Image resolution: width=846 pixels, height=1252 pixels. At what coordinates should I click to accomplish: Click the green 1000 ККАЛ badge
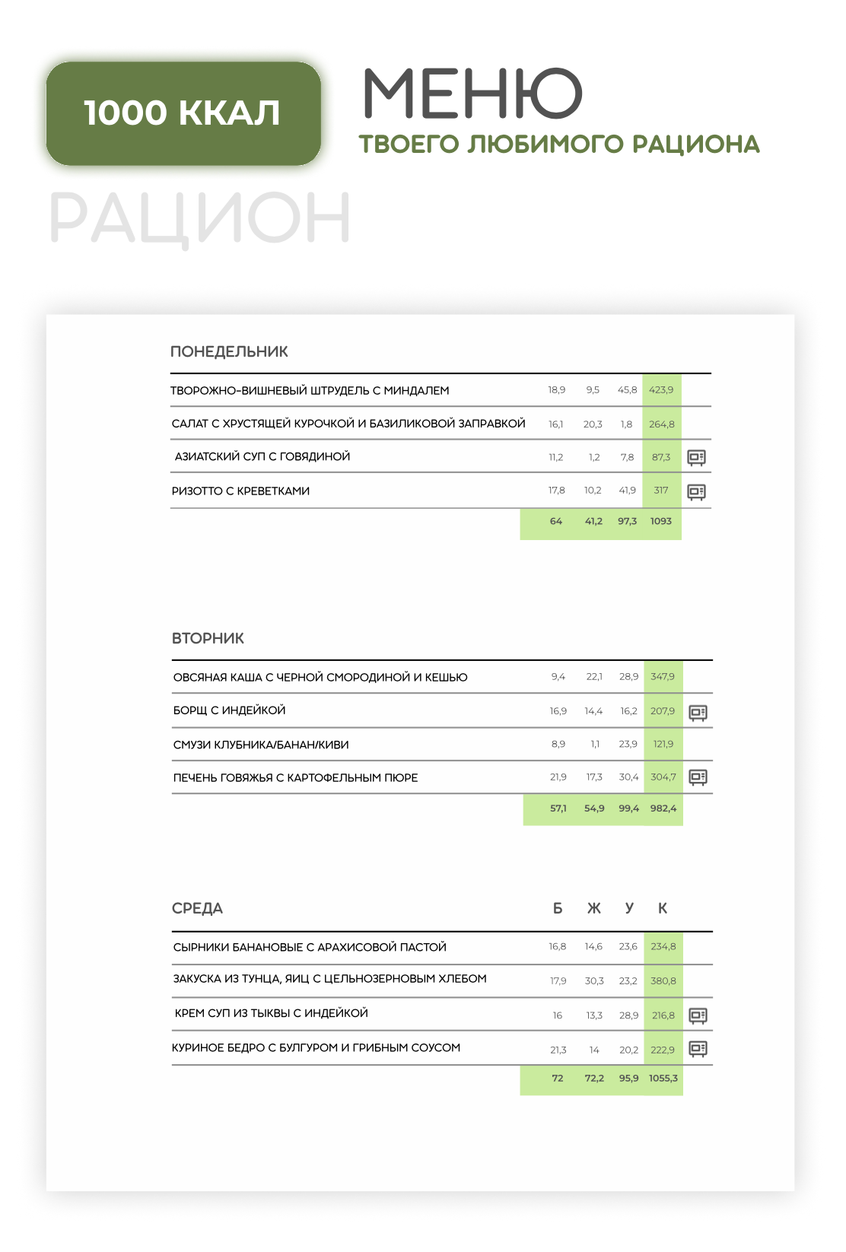pos(183,113)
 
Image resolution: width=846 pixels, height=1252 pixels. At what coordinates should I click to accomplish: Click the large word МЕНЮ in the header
pos(472,94)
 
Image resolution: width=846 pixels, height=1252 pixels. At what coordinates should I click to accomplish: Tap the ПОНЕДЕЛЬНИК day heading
pos(229,351)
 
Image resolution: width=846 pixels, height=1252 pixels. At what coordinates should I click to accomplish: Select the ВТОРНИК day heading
pos(208,638)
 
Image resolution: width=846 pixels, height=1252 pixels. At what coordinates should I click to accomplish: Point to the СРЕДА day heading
pos(197,908)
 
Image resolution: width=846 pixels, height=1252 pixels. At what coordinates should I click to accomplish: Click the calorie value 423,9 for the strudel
pos(661,390)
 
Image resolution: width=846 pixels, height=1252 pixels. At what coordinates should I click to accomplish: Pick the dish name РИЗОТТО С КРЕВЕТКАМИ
pos(240,491)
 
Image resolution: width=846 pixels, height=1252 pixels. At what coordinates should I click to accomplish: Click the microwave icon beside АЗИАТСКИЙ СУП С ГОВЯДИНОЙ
pos(696,457)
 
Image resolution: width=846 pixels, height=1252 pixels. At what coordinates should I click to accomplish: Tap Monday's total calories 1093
pos(661,521)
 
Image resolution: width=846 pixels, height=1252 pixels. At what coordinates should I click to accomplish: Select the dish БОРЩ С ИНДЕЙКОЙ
pos(229,710)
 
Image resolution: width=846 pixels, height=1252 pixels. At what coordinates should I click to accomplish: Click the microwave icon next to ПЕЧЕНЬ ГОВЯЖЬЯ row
pos(698,777)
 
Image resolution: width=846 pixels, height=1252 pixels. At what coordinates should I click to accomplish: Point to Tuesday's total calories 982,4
pos(663,809)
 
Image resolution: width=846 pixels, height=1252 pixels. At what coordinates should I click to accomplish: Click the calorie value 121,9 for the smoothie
pos(663,744)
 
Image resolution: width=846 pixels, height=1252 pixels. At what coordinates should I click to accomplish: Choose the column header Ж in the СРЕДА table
pos(594,908)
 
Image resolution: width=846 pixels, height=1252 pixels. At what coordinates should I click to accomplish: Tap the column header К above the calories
pos(663,908)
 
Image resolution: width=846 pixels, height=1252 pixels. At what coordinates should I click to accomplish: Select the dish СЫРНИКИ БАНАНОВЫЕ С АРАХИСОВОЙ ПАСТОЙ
pos(310,947)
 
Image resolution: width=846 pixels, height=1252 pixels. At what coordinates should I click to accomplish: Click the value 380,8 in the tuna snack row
pos(663,981)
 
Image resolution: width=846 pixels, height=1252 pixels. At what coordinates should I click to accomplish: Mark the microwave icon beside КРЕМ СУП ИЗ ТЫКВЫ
pos(698,1015)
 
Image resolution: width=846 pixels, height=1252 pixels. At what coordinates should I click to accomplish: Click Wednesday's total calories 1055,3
pos(663,1079)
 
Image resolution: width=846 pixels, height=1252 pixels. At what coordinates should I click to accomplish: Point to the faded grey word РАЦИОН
pos(199,218)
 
